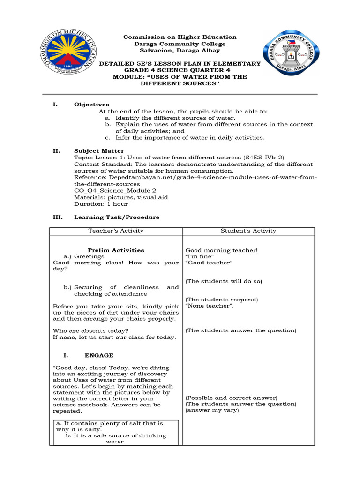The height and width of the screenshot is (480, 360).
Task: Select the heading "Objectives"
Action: pos(91,105)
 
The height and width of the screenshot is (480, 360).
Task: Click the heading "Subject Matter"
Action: pos(99,151)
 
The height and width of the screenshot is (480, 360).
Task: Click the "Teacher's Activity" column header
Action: pos(116,231)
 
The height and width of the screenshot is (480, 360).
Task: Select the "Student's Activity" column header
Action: pos(248,231)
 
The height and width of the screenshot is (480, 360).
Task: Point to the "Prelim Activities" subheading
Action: pos(116,250)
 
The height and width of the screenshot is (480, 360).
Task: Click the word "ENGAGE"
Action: pos(99,356)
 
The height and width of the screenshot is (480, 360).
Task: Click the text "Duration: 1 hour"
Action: pos(101,204)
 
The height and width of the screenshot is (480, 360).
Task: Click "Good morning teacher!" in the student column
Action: pos(222,250)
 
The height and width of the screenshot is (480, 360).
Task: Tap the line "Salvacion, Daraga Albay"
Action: pos(180,51)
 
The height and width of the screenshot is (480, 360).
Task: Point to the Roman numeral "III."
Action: pos(57,217)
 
